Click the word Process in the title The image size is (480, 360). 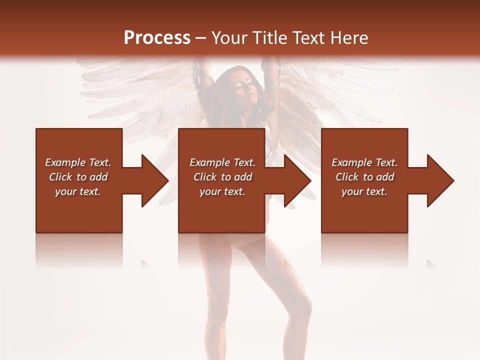[x=157, y=38]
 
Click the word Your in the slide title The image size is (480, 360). [x=228, y=38]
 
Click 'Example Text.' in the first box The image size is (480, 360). [x=78, y=162]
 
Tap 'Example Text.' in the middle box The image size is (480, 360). [x=222, y=162]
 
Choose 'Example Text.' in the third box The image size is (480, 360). [x=364, y=162]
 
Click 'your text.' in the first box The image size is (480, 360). [x=78, y=191]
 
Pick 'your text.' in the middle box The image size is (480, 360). [x=222, y=191]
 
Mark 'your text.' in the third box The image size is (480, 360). [x=364, y=191]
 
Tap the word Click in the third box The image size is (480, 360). [x=347, y=177]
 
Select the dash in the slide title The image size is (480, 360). [x=200, y=38]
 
